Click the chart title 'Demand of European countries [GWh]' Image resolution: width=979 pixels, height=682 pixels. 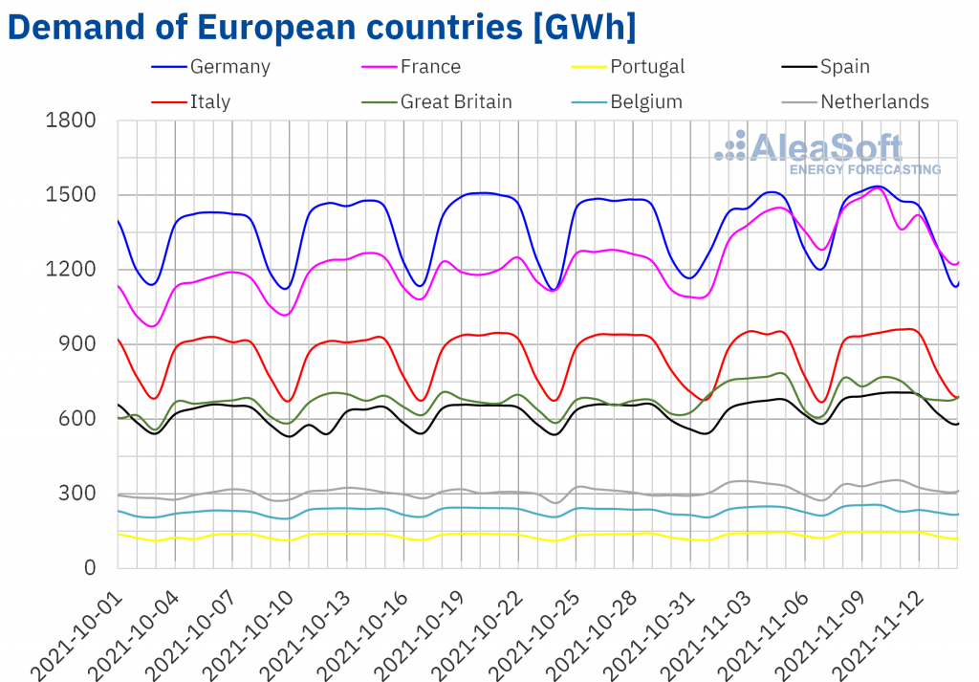click(x=321, y=27)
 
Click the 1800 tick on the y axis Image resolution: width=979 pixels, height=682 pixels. click(x=71, y=121)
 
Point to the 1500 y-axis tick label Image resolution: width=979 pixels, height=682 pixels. click(x=71, y=195)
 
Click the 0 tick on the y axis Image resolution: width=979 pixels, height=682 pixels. click(x=90, y=568)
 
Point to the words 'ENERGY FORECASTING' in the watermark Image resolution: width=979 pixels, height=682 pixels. click(x=864, y=170)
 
